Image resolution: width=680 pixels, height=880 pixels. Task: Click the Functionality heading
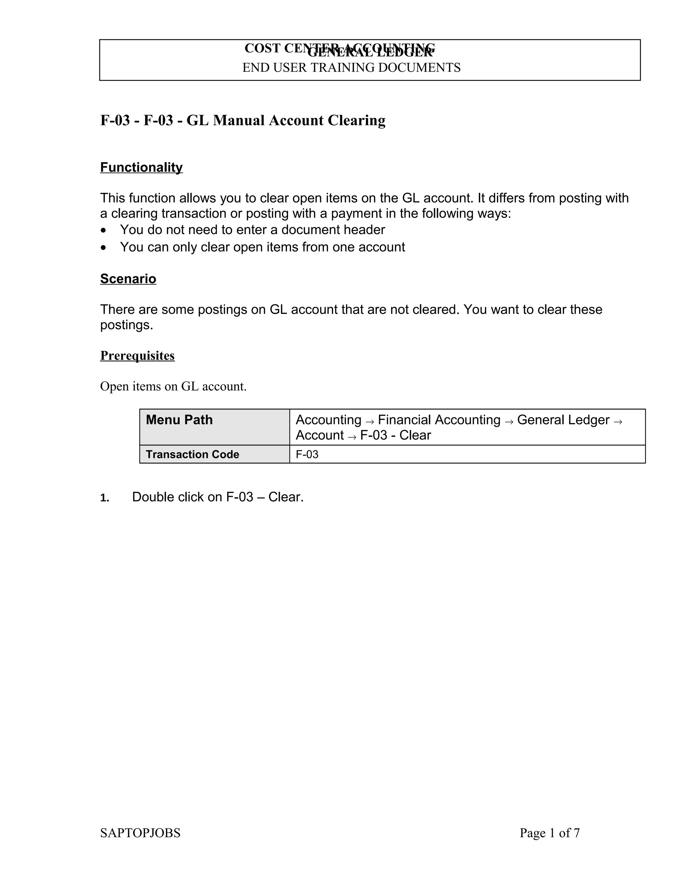point(141,167)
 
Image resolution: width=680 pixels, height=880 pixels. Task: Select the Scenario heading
point(128,279)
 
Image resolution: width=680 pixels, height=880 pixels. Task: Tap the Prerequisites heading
point(137,355)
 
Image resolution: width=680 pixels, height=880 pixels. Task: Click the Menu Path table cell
point(214,427)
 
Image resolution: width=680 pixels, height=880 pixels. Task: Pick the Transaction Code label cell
point(193,455)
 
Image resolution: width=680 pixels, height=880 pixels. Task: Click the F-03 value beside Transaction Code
point(307,455)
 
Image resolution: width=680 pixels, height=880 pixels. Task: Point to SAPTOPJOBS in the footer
point(140,833)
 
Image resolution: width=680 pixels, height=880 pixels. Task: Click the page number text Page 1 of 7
point(550,833)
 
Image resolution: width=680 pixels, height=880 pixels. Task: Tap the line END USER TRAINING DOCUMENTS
point(351,67)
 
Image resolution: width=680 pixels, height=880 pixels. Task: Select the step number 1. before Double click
point(105,498)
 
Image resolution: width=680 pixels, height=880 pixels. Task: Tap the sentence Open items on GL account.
point(173,387)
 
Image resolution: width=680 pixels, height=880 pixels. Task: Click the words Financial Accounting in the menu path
point(439,420)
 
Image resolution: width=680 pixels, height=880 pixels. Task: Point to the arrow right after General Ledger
point(618,421)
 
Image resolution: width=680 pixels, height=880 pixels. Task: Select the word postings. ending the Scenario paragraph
point(127,325)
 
